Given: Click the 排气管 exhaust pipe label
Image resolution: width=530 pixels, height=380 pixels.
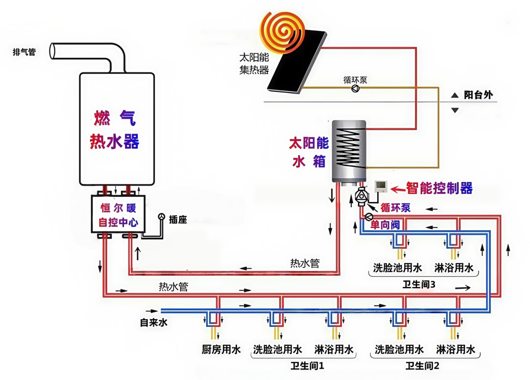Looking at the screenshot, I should [x=24, y=52].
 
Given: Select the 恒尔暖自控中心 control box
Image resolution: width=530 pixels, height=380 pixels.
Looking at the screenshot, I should [x=118, y=214].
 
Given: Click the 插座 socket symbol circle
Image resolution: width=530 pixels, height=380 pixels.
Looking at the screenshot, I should [x=161, y=217].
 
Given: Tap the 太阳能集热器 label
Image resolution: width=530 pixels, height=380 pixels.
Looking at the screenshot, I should [x=253, y=63].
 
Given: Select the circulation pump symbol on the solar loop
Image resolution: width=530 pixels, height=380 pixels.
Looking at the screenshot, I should [x=355, y=88].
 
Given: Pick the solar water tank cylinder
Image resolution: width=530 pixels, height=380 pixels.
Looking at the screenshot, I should [x=348, y=151].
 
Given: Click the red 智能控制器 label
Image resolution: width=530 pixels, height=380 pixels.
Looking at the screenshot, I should [x=439, y=188].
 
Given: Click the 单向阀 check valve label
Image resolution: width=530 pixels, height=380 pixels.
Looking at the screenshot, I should [x=385, y=225].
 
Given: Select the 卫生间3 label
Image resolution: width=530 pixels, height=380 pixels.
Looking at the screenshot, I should [x=419, y=284].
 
